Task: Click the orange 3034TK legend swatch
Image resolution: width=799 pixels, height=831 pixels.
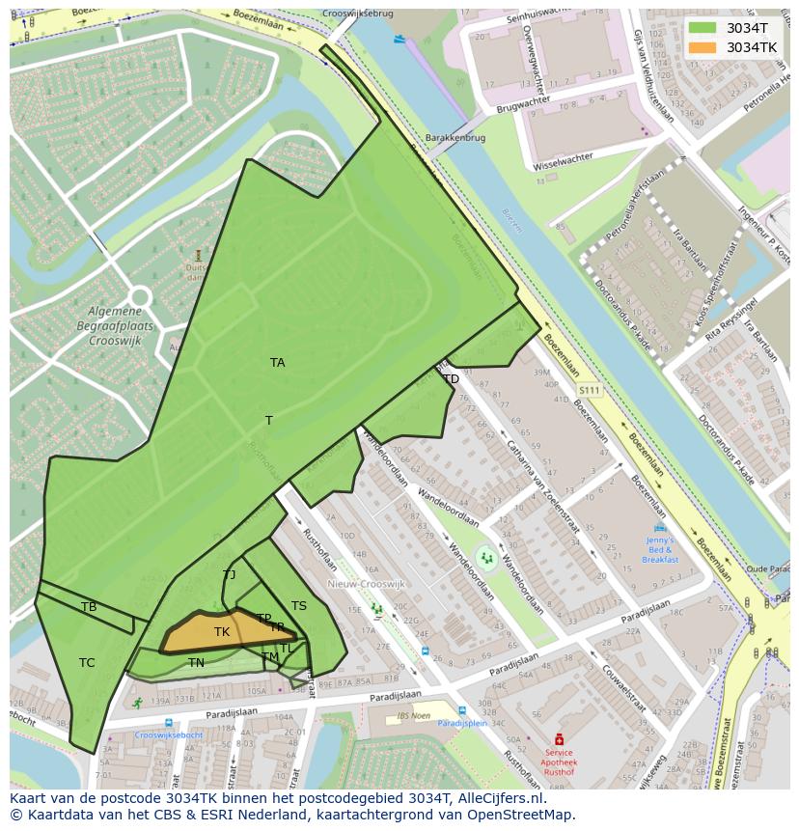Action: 703,47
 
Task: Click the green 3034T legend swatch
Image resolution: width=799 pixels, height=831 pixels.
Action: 703,28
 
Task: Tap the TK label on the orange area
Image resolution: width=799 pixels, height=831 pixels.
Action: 222,632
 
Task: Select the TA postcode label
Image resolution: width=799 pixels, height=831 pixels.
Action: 278,363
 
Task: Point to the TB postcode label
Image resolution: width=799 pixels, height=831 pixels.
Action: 89,607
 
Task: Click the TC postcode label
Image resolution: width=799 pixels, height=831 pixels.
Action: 87,663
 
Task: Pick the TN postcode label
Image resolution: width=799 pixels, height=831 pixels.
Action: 196,663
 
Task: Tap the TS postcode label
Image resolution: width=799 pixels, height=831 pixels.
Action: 299,606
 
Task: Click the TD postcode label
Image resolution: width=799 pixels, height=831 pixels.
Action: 451,379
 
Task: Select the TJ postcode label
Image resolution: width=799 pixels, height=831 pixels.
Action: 229,575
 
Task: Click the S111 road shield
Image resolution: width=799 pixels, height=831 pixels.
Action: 589,390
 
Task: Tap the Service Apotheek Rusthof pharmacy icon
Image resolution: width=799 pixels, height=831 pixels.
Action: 558,739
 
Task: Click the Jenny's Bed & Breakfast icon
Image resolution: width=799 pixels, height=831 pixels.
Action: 660,529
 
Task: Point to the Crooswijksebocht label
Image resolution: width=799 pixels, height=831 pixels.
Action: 169,734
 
